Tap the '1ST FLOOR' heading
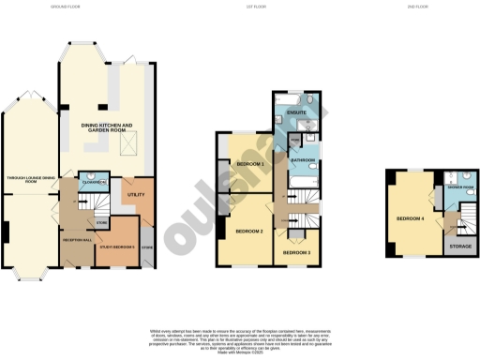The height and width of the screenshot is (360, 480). pyautogui.click(x=240, y=7)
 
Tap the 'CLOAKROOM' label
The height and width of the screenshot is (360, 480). pyautogui.click(x=92, y=182)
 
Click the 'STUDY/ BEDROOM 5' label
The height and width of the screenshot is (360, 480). pyautogui.click(x=118, y=247)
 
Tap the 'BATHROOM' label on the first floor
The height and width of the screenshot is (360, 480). pyautogui.click(x=302, y=160)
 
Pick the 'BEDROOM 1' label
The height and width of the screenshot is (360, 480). pyautogui.click(x=249, y=164)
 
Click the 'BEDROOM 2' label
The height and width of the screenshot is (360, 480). pyautogui.click(x=247, y=231)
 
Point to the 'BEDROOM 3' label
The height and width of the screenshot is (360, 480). pyautogui.click(x=296, y=252)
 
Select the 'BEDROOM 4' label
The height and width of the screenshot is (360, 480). pyautogui.click(x=410, y=218)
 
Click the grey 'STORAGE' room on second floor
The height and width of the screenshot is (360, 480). pyautogui.click(x=460, y=247)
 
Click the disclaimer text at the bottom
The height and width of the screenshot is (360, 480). pyautogui.click(x=240, y=339)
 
